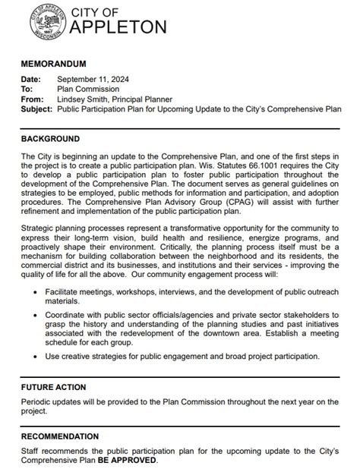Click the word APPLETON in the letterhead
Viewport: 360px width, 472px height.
coord(118,28)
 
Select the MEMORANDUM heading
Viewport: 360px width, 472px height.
coord(53,64)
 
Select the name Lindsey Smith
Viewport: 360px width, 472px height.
coord(84,99)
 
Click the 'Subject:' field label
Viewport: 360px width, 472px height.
coord(37,109)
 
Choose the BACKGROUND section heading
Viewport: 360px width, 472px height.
coord(50,139)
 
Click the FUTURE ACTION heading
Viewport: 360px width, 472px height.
coord(53,387)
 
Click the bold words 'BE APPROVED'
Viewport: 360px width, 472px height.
coord(127,460)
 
